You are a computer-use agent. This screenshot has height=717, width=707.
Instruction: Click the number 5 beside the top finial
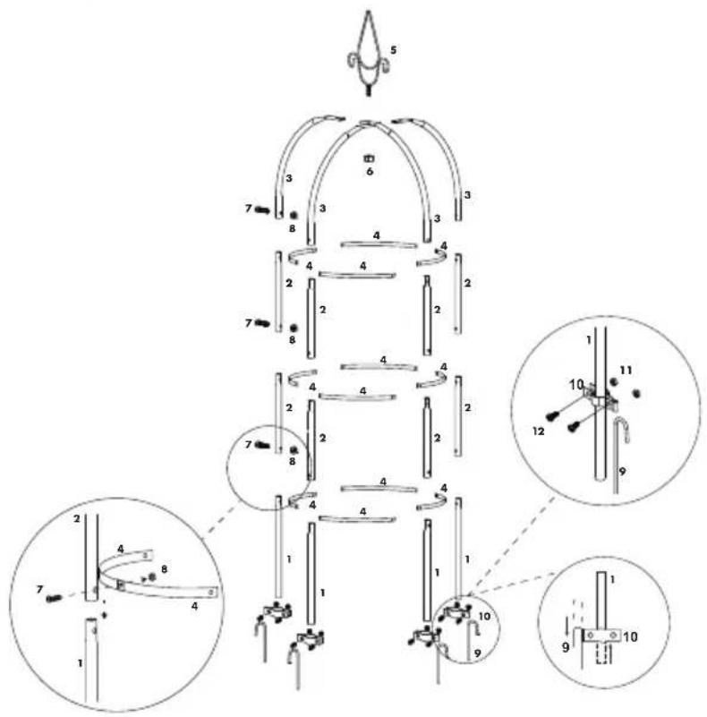[393, 50]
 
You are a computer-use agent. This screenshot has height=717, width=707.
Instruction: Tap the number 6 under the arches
[370, 172]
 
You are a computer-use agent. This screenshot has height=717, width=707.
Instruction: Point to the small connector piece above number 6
[369, 158]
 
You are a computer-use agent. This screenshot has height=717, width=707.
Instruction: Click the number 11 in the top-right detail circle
[626, 370]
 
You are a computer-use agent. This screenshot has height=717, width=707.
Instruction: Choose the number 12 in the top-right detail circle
[539, 431]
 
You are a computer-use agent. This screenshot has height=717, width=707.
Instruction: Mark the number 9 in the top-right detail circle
[622, 471]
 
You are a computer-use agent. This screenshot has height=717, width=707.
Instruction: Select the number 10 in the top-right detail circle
[576, 385]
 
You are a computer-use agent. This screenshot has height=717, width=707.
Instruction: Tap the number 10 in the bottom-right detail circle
[631, 636]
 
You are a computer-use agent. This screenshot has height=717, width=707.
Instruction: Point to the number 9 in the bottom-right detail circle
[566, 647]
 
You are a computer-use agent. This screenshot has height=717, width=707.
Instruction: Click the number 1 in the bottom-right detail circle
[612, 580]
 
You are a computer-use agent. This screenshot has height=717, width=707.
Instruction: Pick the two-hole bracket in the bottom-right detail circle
[601, 636]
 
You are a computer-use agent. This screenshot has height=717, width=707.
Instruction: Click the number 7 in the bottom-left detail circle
[39, 590]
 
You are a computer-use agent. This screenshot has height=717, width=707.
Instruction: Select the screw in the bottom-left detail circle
[54, 598]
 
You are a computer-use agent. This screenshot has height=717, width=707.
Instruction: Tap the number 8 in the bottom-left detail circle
[164, 569]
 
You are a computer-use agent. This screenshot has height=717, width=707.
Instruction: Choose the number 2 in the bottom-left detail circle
[76, 519]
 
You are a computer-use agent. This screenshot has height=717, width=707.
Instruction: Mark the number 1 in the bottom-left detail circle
[80, 663]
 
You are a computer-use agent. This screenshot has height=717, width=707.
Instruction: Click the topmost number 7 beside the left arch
[248, 209]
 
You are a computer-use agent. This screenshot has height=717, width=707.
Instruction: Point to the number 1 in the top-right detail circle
[589, 340]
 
